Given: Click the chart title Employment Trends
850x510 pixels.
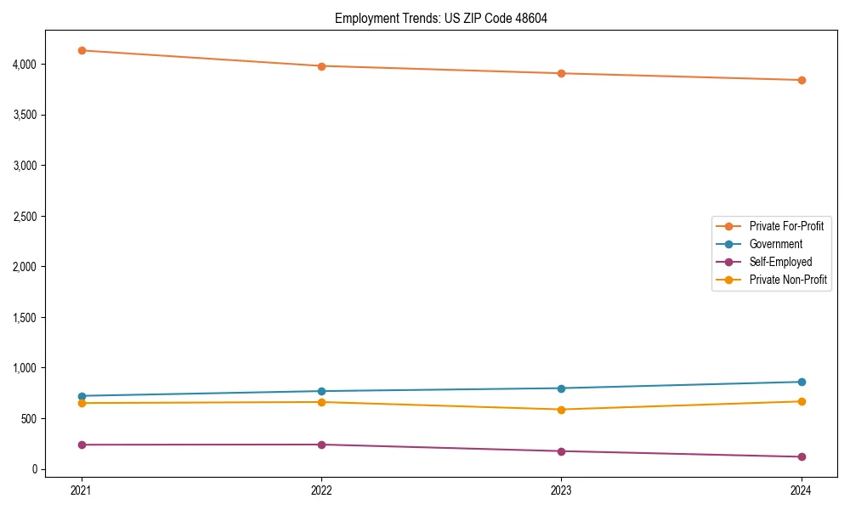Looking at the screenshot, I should pyautogui.click(x=440, y=18).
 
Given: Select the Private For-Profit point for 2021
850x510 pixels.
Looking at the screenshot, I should pyautogui.click(x=82, y=50).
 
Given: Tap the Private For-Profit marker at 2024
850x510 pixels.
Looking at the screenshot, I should pyautogui.click(x=801, y=80).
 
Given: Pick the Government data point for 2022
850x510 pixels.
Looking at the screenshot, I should pyautogui.click(x=321, y=391).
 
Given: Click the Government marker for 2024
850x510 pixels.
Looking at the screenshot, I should pyautogui.click(x=801, y=382).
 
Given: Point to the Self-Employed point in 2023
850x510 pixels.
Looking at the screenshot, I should pyautogui.click(x=561, y=451).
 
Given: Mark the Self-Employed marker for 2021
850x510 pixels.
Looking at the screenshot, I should pyautogui.click(x=82, y=445).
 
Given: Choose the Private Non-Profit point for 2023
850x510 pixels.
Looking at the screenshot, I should pyautogui.click(x=561, y=410).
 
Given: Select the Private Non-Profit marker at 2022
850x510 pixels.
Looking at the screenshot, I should pyautogui.click(x=321, y=402).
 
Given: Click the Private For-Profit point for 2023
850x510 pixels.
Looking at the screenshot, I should pyautogui.click(x=561, y=73).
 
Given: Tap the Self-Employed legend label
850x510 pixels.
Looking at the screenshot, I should pyautogui.click(x=780, y=262).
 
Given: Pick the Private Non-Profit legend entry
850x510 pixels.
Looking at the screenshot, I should pyautogui.click(x=788, y=280).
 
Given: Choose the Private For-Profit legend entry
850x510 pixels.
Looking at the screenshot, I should pyautogui.click(x=786, y=226).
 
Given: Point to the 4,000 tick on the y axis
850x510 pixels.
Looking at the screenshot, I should pyautogui.click(x=25, y=64).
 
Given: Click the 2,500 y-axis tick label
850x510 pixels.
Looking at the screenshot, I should pyautogui.click(x=25, y=216).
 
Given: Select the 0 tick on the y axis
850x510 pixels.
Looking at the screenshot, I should pyautogui.click(x=34, y=469).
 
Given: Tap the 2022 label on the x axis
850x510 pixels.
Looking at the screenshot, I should pyautogui.click(x=321, y=490).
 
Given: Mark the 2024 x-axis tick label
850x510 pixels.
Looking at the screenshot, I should pyautogui.click(x=801, y=490).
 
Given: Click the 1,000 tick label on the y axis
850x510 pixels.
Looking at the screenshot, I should pyautogui.click(x=25, y=368).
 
